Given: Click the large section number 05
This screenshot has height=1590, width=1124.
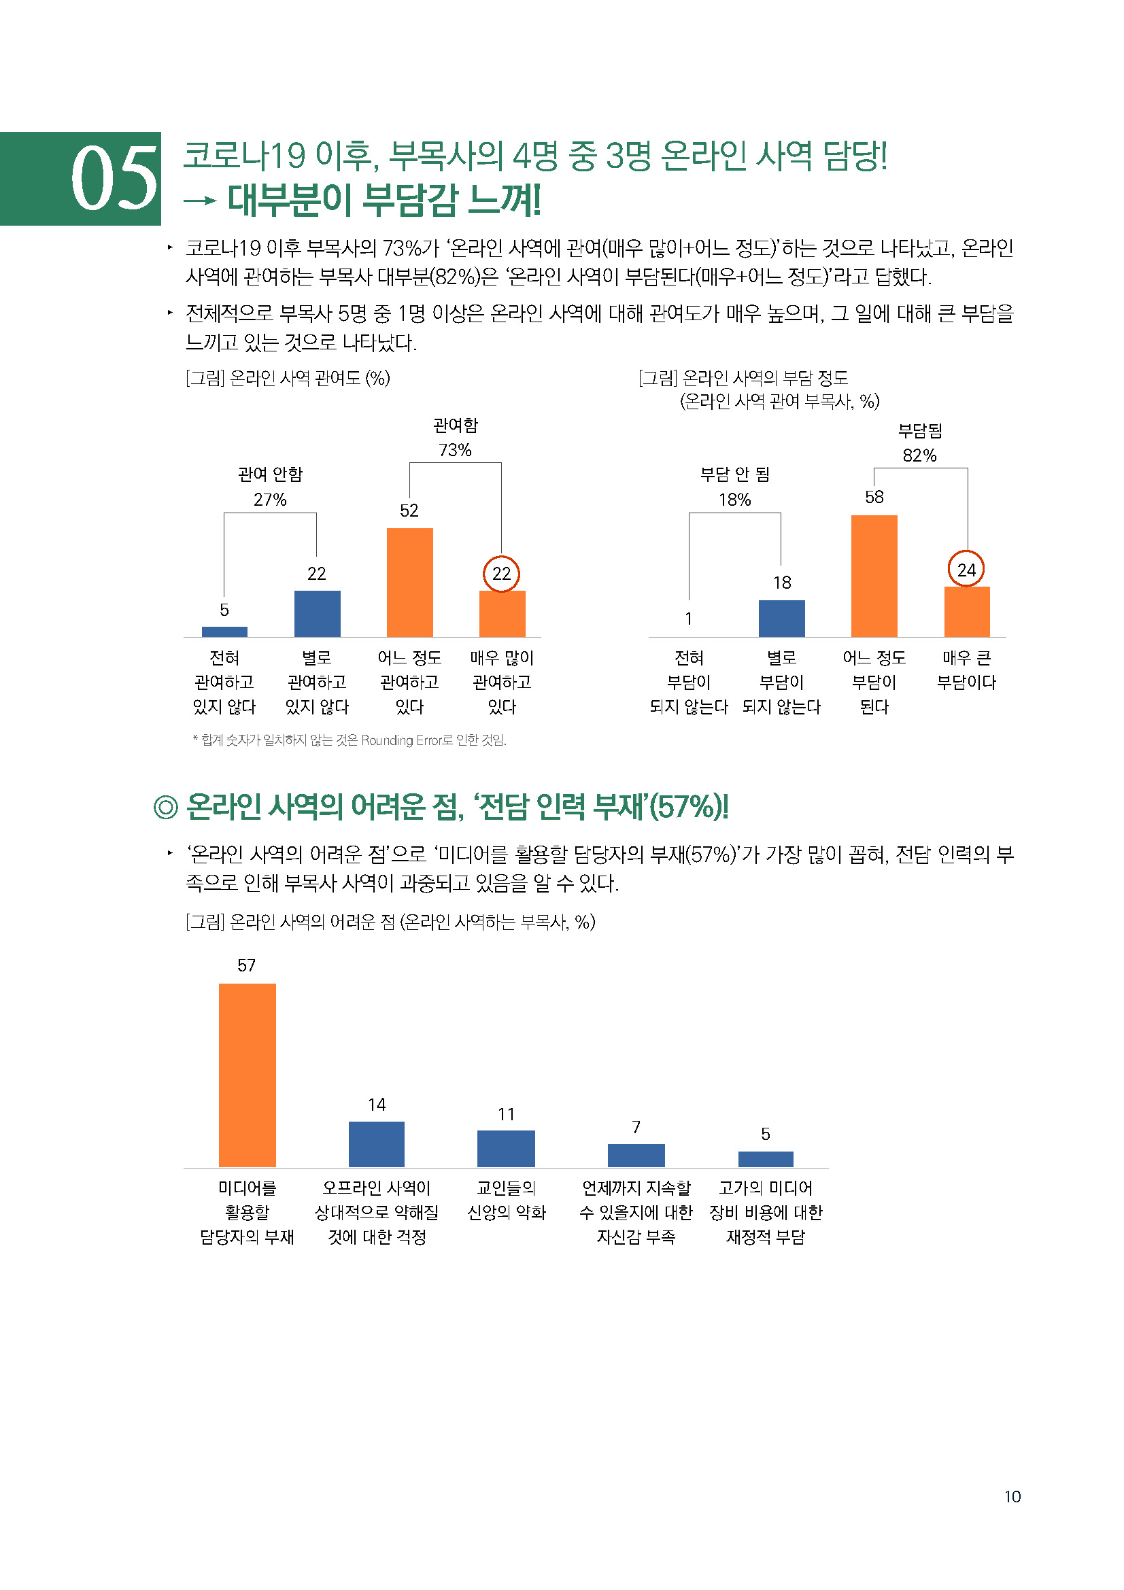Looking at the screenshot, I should click(114, 179).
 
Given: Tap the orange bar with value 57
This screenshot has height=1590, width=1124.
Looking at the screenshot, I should click(248, 1075).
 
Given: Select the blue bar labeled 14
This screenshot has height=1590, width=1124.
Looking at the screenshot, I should click(376, 1144).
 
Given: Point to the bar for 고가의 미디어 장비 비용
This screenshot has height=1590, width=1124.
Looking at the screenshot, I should click(765, 1159).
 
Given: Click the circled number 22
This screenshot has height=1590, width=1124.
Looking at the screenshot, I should click(501, 574).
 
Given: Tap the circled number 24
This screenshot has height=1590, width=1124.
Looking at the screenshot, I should click(966, 569).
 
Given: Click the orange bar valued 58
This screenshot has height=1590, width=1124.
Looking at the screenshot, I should click(874, 576).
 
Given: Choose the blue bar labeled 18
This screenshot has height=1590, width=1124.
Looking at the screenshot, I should click(781, 618).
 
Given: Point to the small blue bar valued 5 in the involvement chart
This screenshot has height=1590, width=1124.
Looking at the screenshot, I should click(224, 631).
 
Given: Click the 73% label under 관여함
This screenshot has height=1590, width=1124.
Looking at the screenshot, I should click(455, 450).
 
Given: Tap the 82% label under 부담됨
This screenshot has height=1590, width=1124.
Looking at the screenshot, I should click(919, 455).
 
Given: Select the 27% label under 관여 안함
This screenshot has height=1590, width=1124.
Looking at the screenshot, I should click(270, 500).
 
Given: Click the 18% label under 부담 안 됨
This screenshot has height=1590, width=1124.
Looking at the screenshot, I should click(735, 500).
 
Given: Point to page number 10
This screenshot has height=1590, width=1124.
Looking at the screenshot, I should click(1012, 1496).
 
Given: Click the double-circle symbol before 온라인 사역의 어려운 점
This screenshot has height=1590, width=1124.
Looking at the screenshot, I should click(165, 808).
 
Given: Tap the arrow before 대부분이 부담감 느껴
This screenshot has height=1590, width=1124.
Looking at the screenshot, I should click(200, 201).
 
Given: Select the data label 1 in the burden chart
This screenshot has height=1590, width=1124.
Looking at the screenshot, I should click(688, 619).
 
